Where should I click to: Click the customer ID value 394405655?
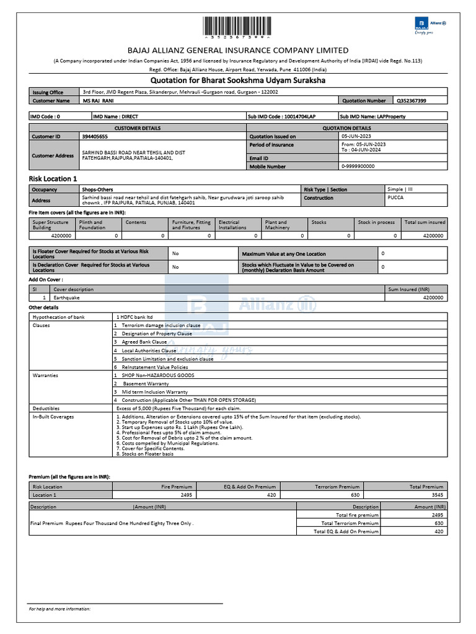tap(95, 136)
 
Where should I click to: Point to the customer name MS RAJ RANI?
tap(99, 100)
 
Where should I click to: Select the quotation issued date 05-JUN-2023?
tap(357, 136)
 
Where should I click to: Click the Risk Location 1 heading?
tap(53, 178)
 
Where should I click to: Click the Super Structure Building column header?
tap(51, 225)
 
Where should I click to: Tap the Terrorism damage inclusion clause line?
tap(161, 325)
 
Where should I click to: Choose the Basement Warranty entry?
tap(145, 384)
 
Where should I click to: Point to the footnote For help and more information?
tap(59, 609)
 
